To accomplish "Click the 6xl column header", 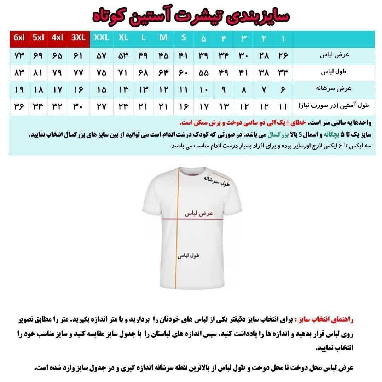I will (x=19, y=38).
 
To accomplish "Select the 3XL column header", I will (x=79, y=38).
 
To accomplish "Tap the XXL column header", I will (x=102, y=38).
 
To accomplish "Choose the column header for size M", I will (x=163, y=38).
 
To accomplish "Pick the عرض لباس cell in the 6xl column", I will (x=19, y=56).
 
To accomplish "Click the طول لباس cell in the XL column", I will (x=123, y=73).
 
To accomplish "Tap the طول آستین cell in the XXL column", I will (x=102, y=106).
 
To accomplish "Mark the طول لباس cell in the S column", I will (x=183, y=73).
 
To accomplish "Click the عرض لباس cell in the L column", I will (x=143, y=56).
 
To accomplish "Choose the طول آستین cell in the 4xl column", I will (x=57, y=106).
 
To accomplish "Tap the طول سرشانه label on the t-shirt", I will (x=216, y=181).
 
